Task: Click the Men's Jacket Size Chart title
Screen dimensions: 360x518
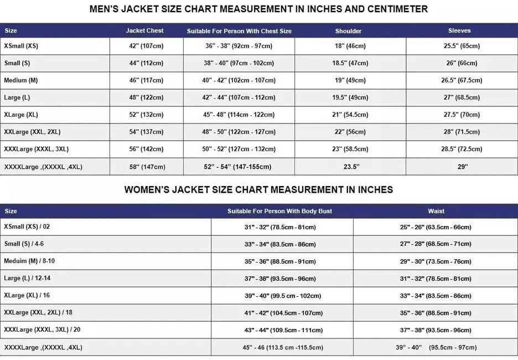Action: tap(258, 9)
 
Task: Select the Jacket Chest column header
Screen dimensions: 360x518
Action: tap(144, 30)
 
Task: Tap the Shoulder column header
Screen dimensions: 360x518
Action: tap(348, 30)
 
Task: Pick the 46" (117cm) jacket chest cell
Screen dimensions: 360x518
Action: tap(146, 80)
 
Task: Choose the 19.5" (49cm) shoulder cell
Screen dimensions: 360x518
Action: tap(350, 97)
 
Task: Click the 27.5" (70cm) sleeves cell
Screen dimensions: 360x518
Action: tap(462, 115)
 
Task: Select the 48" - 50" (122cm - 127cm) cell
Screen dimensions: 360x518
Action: tap(239, 132)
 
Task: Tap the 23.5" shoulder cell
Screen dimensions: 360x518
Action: tap(350, 166)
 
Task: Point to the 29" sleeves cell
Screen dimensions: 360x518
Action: tap(462, 166)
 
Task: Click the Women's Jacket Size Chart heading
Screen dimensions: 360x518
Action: tap(258, 189)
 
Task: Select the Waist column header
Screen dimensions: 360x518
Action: tap(436, 211)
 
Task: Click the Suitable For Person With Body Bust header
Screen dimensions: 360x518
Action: tap(279, 211)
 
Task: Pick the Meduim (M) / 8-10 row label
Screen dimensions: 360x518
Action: tap(29, 261)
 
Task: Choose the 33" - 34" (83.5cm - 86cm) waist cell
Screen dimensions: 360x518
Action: tap(436, 296)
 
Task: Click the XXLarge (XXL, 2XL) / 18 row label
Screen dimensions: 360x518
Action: tap(38, 312)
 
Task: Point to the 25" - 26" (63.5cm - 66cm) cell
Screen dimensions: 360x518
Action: tap(436, 227)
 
